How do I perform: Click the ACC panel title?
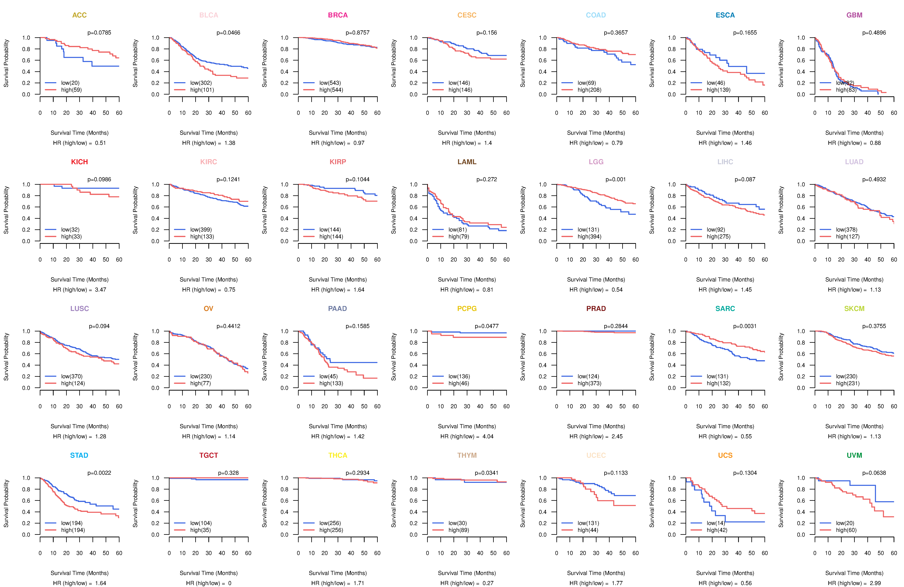tap(79, 15)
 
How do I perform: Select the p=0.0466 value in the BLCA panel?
tap(228, 33)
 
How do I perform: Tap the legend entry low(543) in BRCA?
tap(330, 83)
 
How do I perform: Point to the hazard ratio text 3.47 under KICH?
tap(101, 290)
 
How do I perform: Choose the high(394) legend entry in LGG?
tap(590, 236)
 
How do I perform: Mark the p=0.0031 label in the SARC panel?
tap(745, 326)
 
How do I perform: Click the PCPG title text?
tap(467, 309)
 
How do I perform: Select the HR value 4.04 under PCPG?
tap(488, 436)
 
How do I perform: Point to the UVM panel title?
tap(854, 455)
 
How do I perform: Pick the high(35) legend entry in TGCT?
tap(201, 530)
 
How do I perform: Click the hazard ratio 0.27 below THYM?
tap(488, 583)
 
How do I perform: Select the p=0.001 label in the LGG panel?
tap(616, 179)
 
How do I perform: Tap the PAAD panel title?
tap(338, 309)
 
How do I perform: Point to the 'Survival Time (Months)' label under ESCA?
tap(725, 133)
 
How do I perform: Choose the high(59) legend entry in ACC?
tap(71, 90)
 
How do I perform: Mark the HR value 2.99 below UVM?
tap(876, 583)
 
